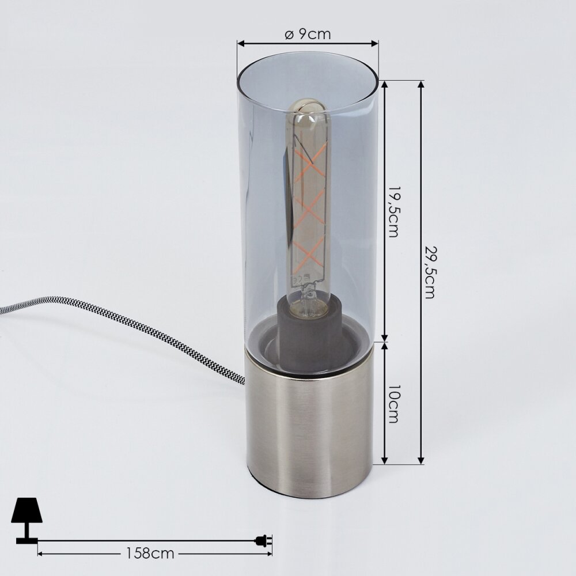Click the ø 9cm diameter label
pyautogui.click(x=308, y=34)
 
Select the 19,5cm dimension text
pyautogui.click(x=393, y=212)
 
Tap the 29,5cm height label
pyautogui.click(x=430, y=272)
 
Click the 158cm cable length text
pyautogui.click(x=150, y=553)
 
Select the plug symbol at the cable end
pyautogui.click(x=264, y=540)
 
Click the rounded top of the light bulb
pyautogui.click(x=307, y=105)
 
